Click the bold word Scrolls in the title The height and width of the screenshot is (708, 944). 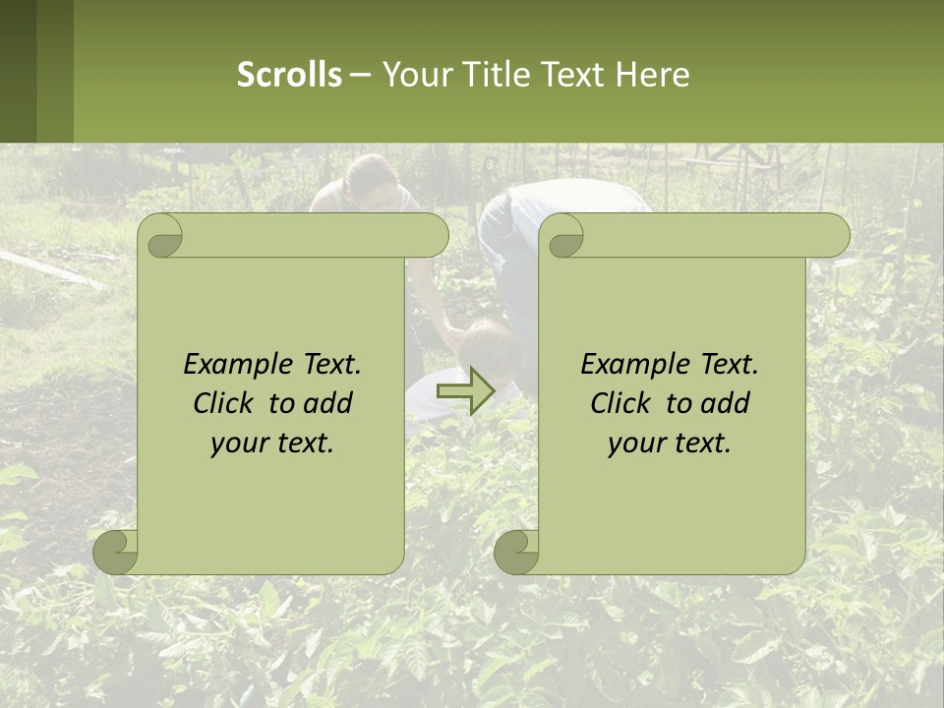click(289, 75)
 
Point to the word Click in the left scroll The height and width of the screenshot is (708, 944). click(227, 403)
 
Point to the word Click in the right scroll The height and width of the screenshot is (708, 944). click(624, 403)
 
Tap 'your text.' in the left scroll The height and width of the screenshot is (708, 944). click(272, 443)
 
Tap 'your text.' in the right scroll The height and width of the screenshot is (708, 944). click(670, 443)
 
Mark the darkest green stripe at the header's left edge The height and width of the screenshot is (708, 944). click(18, 71)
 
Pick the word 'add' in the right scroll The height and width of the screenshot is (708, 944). click(726, 403)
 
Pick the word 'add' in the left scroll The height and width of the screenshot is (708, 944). click(328, 403)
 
